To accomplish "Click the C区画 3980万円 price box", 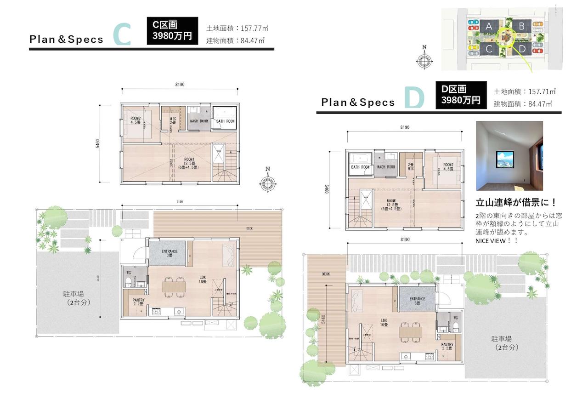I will [172, 31].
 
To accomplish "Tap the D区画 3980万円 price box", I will [461, 95].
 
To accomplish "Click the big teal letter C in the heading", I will [123, 35].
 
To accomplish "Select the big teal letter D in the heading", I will [414, 99].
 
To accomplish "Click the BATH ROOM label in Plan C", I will [225, 121].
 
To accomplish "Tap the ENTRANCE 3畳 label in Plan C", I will [166, 253].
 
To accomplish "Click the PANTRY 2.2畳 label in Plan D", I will [447, 346].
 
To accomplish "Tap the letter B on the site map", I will [521, 26].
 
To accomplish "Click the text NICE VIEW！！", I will [497, 241].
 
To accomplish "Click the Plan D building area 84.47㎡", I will [523, 104].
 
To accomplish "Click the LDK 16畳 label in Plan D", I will [382, 323].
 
